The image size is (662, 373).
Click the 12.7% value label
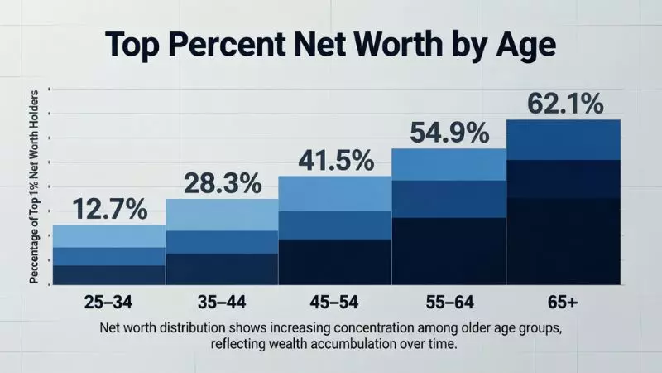pos(109,210)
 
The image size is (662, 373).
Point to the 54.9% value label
pos(447,133)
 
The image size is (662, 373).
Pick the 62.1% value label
pos(563,104)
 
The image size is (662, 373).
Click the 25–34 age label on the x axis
pos(109,299)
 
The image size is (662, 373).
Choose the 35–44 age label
pos(221,299)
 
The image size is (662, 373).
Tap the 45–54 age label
pos(334,299)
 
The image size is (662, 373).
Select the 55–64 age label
pos(448,299)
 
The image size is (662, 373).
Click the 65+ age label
pos(563,299)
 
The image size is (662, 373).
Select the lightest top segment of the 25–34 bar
pos(109,236)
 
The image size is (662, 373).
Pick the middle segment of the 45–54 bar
pos(334,225)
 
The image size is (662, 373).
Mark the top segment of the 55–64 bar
pos(448,164)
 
